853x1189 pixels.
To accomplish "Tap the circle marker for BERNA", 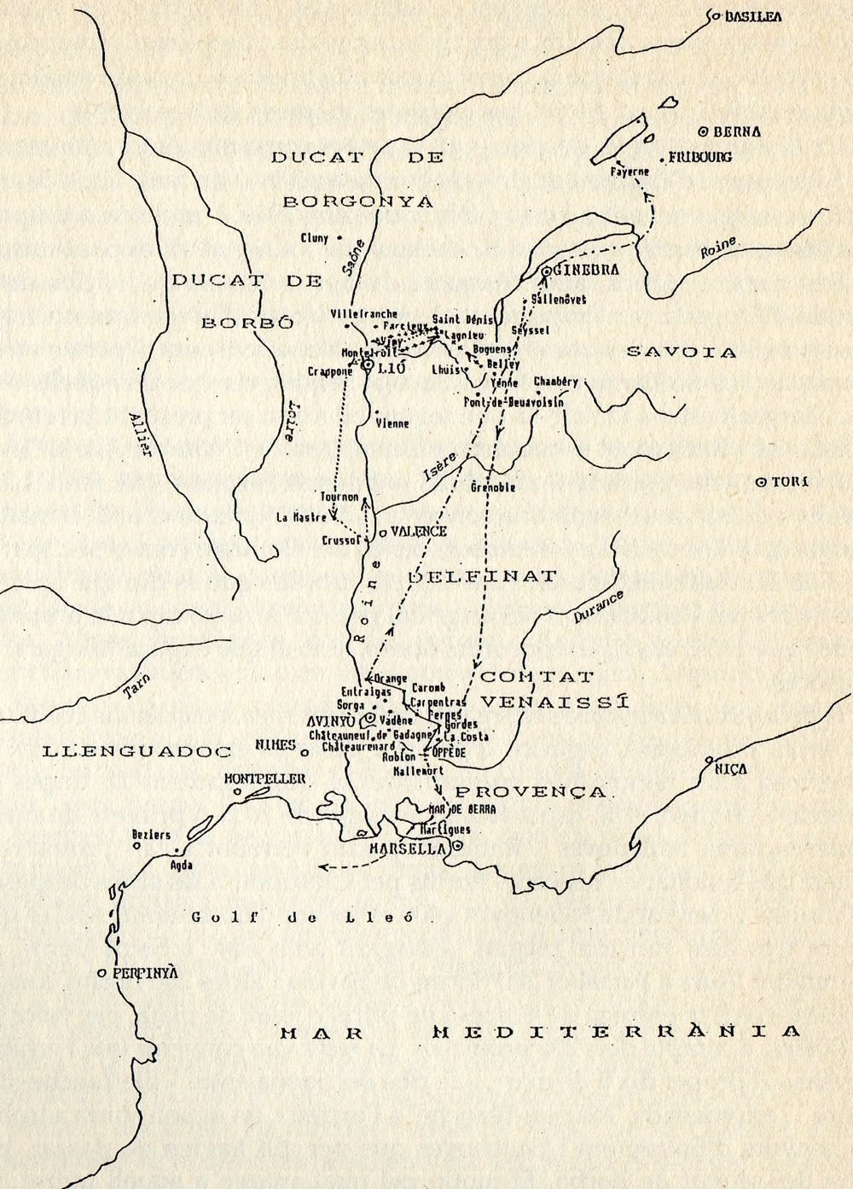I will click(702, 131).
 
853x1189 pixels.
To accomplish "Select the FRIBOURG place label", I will click(700, 158).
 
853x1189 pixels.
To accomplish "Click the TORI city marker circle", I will click(762, 482).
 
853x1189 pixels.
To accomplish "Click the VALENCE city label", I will click(419, 531).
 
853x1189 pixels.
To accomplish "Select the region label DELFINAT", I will click(482, 576).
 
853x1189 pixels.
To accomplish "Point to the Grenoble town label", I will click(493, 487).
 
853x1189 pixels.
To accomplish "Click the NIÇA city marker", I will click(708, 759).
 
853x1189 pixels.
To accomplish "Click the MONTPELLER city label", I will click(264, 778).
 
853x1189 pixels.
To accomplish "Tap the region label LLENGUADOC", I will click(137, 751).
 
